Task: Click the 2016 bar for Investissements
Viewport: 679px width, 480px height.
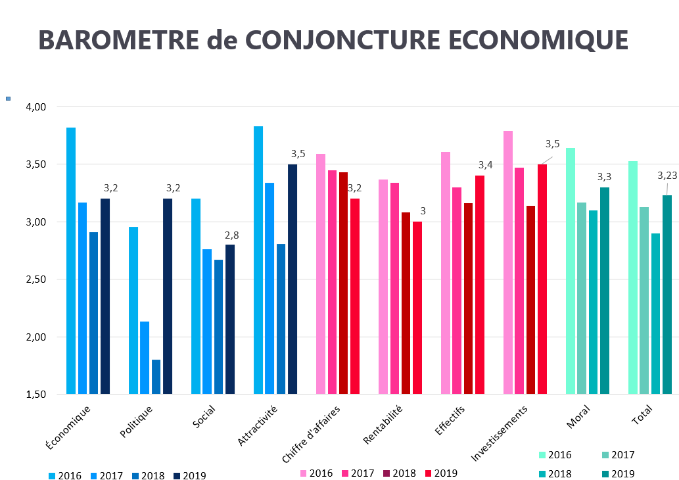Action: [508, 262]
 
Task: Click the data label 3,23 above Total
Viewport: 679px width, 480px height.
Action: [668, 176]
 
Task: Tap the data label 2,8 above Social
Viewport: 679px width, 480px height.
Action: [232, 235]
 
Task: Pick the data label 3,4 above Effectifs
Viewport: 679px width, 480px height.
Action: [485, 164]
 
